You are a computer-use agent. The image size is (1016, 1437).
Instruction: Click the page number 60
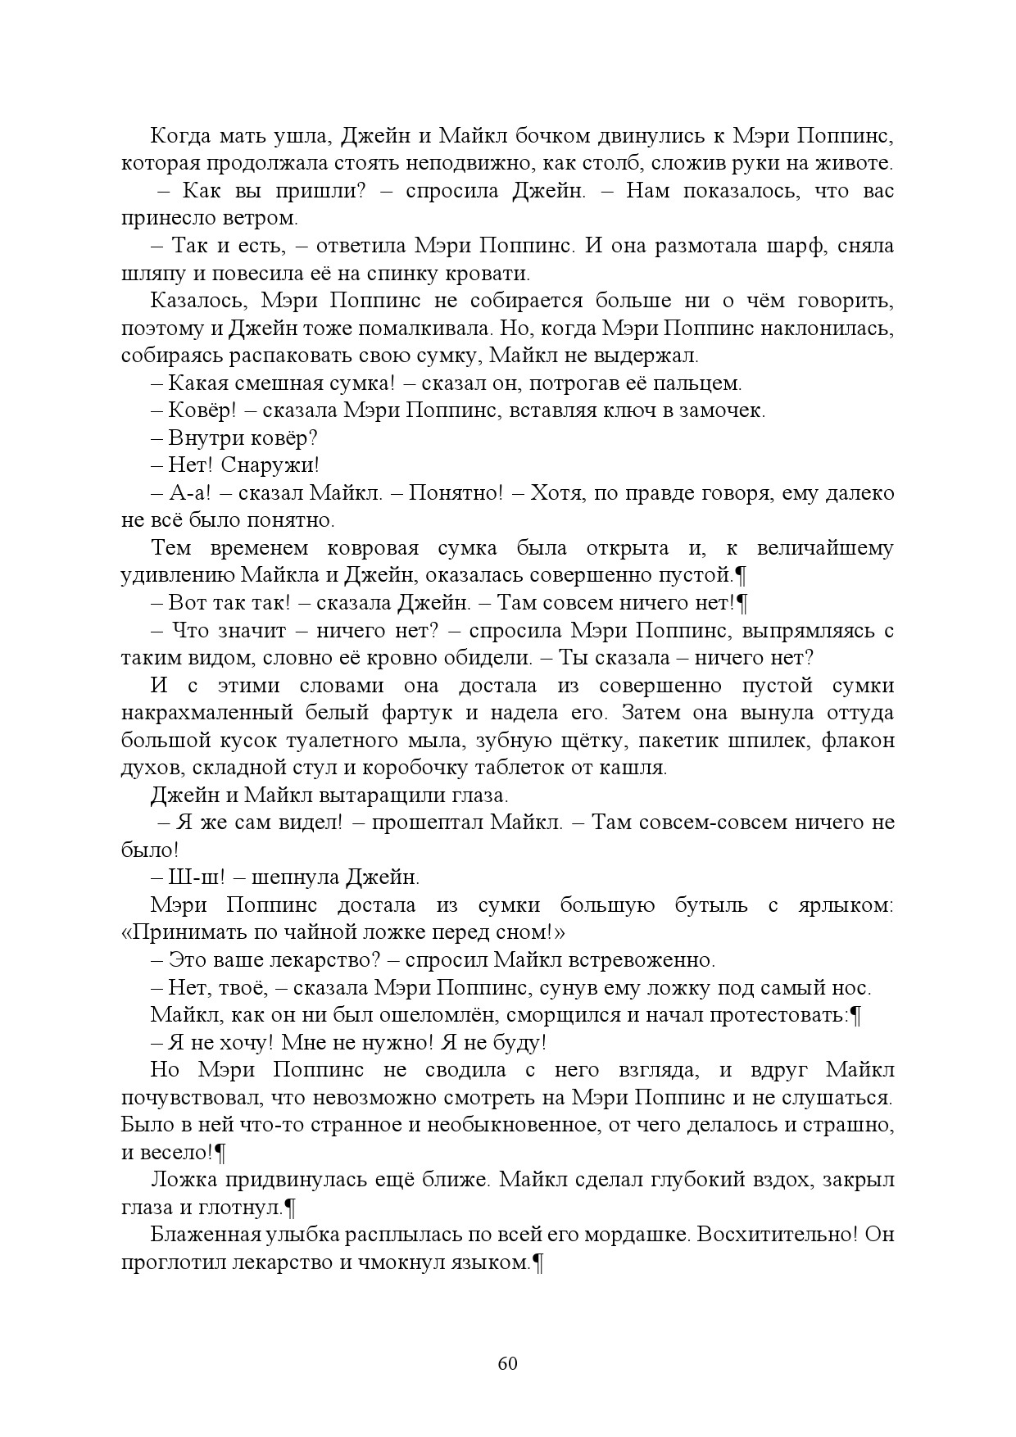click(507, 1363)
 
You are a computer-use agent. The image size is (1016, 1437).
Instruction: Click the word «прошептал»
click(426, 823)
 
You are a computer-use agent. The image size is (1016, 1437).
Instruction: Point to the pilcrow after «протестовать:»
click(855, 1016)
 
